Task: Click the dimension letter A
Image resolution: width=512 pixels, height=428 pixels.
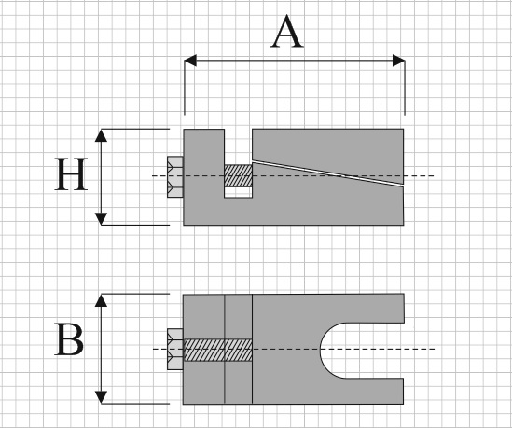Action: coord(287,32)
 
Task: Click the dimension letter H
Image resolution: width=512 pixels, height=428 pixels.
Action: coord(71,174)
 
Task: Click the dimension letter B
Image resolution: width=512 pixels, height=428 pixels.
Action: coord(69,339)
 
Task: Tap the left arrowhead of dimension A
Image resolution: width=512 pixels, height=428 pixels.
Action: coord(190,61)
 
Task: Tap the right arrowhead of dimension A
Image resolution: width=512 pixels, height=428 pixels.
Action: coord(399,61)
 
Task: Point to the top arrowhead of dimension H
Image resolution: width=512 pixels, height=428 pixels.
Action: coord(101,135)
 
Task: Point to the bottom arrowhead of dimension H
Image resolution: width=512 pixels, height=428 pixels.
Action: coord(101,219)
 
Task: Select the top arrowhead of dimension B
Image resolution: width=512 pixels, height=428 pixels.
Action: coord(101,300)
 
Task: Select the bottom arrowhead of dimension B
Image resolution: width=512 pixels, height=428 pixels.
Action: coord(101,397)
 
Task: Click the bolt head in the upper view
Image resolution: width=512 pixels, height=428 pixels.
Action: coord(175,176)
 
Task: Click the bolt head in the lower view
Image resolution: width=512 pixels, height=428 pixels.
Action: coord(175,349)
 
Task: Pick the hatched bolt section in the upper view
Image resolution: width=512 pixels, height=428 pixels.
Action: coord(239,175)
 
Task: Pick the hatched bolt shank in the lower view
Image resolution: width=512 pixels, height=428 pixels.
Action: coord(218,350)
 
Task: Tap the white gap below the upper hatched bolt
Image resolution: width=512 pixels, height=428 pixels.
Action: coord(239,192)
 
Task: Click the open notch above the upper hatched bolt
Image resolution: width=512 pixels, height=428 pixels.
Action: coord(239,147)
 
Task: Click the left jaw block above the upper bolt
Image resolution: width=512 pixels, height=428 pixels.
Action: coord(203,147)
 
